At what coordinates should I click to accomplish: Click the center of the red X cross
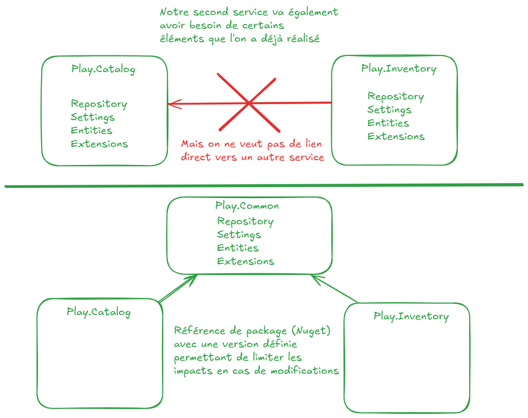tap(249, 102)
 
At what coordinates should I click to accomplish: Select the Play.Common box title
tap(247, 206)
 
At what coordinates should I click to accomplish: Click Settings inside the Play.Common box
tap(239, 235)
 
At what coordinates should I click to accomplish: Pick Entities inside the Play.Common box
tap(238, 248)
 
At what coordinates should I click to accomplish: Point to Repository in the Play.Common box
tap(245, 222)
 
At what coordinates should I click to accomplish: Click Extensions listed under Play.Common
tap(245, 262)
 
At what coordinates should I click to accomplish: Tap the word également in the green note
tap(313, 12)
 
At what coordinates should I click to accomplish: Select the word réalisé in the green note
tap(300, 39)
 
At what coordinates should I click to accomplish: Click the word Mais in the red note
tap(192, 144)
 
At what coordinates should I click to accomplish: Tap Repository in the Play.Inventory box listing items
tap(395, 97)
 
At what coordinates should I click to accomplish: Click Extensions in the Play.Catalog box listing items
tap(99, 144)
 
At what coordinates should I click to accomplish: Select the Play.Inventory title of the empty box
tap(411, 317)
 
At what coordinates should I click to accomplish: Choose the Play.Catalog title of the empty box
tap(99, 312)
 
